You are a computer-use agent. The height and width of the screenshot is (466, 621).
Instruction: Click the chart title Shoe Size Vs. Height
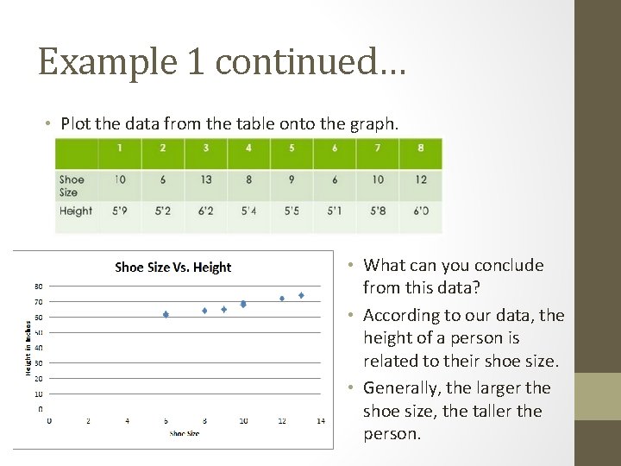coord(172,268)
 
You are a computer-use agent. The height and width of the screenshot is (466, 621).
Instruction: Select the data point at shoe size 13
coord(301,295)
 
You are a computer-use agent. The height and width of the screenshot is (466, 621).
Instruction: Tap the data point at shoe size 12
coord(282,299)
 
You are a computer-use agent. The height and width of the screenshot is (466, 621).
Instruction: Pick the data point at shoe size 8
coord(204,311)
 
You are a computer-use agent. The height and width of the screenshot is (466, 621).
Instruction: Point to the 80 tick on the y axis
coord(39,286)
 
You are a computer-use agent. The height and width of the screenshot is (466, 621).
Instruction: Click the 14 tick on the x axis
coord(321,420)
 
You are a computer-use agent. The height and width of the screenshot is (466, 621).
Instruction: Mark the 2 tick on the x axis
coord(88,420)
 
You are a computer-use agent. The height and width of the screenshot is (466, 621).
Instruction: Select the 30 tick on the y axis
coord(39,362)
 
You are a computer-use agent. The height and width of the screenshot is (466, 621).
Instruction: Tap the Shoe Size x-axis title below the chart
coord(185,433)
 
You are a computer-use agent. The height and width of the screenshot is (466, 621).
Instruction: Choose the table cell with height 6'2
coord(205,211)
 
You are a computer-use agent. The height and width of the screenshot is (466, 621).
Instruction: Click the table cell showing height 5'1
coord(335,211)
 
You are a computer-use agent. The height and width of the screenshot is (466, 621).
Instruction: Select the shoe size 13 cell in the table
coord(205,179)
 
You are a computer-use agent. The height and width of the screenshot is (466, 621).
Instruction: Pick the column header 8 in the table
coord(420,148)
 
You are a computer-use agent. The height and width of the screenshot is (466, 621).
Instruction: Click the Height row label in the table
coord(76,211)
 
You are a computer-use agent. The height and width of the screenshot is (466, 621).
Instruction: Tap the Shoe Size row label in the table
coord(72,186)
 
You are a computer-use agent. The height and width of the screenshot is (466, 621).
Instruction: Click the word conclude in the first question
coord(508,265)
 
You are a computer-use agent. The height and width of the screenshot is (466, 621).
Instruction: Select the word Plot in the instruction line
coord(76,123)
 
